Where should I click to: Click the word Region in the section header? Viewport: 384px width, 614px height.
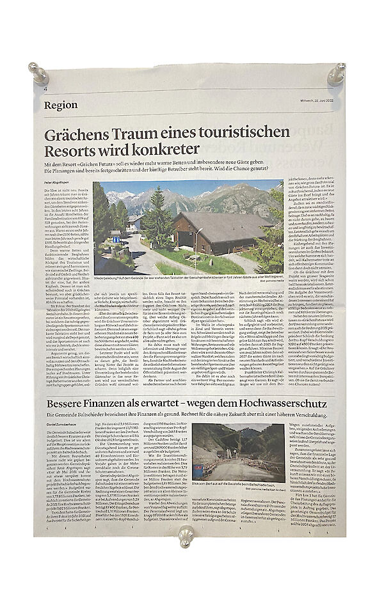click(61, 106)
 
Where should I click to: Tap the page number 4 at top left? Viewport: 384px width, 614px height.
click(46, 89)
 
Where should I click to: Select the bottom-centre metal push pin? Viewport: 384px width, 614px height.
click(186, 537)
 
